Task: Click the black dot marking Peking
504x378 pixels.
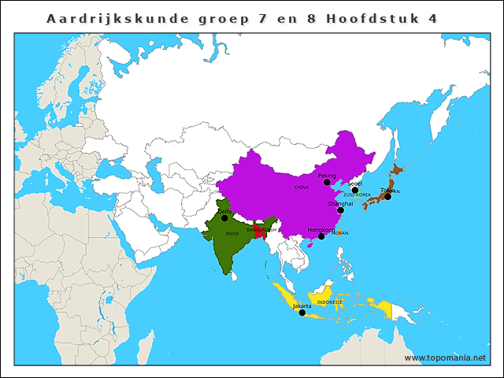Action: tap(327, 182)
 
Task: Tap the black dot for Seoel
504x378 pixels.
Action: tap(355, 190)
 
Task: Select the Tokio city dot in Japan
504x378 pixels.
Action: tap(387, 196)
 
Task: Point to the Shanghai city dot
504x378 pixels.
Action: tap(340, 210)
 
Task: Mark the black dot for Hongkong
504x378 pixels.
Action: tap(321, 236)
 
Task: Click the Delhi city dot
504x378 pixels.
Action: tap(224, 218)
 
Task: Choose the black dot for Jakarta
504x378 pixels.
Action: tap(302, 313)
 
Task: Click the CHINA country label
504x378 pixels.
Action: tap(302, 187)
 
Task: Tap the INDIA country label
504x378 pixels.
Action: tap(232, 233)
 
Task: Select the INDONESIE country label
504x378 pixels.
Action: tap(330, 302)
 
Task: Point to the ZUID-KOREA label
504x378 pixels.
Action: tap(357, 195)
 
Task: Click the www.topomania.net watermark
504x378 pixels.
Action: tap(445, 358)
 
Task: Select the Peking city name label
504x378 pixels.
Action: tap(326, 176)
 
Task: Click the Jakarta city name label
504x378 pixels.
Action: tap(302, 306)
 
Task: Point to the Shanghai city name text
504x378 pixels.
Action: tap(340, 203)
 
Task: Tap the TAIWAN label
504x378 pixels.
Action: tap(339, 233)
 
